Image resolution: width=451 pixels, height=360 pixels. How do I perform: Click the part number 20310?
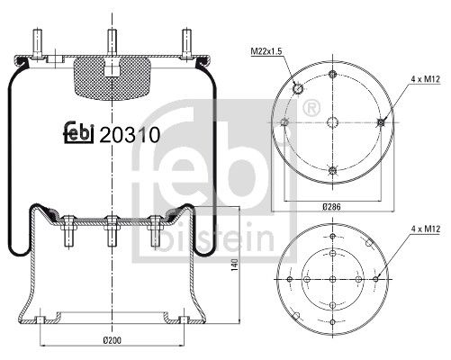[x=130, y=135]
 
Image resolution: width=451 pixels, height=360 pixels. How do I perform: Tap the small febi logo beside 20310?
[x=81, y=134]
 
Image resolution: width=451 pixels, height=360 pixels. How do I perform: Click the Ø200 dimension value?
[x=113, y=340]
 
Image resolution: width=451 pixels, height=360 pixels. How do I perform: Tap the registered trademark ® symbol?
[x=311, y=109]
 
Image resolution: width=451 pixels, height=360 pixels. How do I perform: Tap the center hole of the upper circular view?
[x=333, y=123]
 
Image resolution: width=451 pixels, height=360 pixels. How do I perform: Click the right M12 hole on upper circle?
[x=382, y=123]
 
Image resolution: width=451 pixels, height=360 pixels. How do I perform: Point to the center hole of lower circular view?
[x=333, y=280]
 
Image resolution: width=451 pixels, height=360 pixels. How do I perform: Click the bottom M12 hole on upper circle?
[x=333, y=171]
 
